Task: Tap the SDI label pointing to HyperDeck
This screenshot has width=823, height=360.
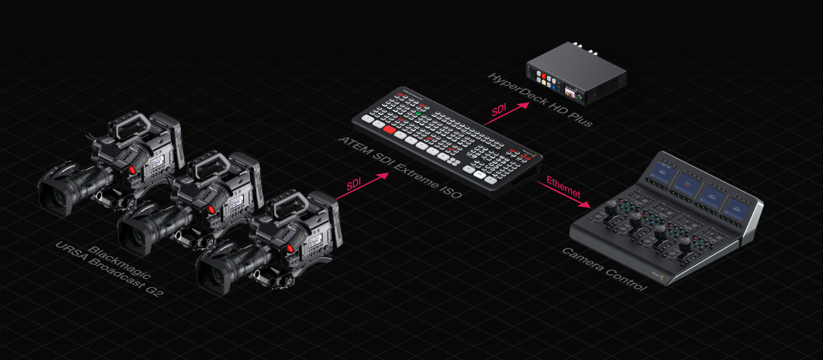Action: tap(499, 110)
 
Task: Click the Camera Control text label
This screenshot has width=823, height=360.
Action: tap(604, 269)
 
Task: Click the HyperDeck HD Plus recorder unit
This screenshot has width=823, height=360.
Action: tap(577, 77)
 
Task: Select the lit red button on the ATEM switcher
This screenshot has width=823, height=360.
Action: tap(389, 130)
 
